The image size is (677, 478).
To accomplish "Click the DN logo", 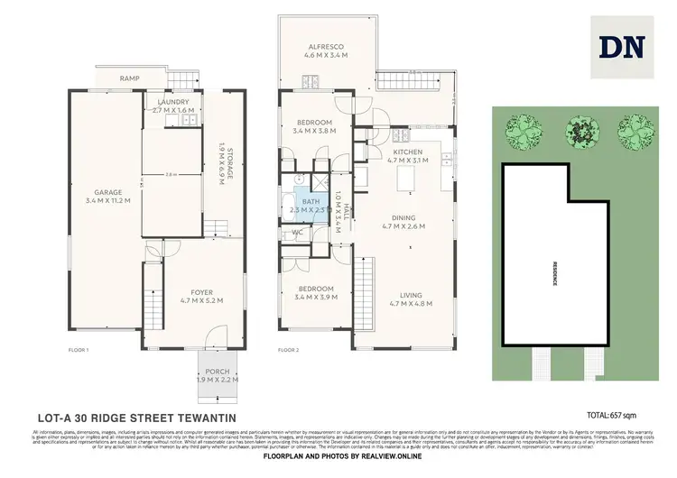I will (x=622, y=47).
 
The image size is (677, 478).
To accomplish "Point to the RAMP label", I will (x=129, y=78).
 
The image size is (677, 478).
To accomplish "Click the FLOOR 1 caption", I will (x=79, y=349).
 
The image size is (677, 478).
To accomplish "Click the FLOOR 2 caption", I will (x=288, y=349).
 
